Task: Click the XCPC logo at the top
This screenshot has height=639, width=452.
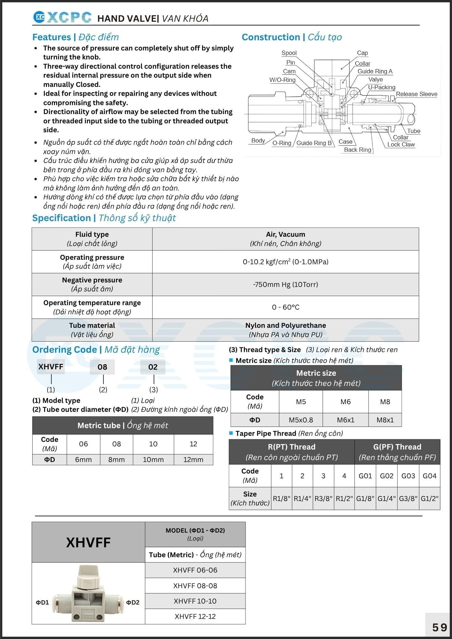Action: [62, 18]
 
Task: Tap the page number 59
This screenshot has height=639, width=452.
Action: [440, 627]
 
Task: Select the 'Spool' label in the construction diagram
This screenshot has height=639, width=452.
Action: [289, 53]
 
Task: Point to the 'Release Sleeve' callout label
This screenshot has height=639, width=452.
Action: [417, 94]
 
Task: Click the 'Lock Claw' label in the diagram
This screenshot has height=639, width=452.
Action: [401, 144]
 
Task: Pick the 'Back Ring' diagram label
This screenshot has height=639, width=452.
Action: [357, 150]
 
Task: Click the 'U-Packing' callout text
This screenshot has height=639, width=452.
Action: [382, 87]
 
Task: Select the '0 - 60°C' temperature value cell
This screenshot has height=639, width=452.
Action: [285, 307]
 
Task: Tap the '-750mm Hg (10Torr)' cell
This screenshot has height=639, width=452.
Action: [285, 284]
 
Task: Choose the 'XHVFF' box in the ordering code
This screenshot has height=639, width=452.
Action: [51, 367]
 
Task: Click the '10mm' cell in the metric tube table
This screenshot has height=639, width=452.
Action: [153, 459]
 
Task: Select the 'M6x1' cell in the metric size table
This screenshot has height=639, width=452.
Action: [346, 420]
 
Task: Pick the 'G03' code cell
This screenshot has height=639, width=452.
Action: [408, 476]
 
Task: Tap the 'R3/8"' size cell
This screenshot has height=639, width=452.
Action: [323, 498]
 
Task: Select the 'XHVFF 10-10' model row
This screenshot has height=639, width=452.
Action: [195, 601]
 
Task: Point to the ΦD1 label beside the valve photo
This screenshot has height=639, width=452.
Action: [42, 603]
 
